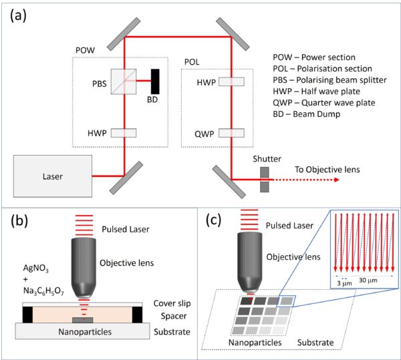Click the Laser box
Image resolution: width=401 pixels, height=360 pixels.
point(53,176)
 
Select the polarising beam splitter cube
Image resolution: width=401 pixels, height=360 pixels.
point(124,81)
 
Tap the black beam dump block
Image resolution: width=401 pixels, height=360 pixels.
point(155,81)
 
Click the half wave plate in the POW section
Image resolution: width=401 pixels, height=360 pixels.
point(124,133)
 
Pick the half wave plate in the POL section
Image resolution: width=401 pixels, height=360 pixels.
point(231,81)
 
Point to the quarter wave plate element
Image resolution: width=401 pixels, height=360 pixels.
point(231,133)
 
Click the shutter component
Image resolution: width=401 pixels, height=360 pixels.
point(265,180)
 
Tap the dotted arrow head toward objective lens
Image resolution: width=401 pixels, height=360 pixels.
point(337,180)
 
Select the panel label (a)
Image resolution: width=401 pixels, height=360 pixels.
point(18,16)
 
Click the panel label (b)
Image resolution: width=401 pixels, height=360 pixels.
point(19,221)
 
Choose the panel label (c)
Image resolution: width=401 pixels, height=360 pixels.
point(214,220)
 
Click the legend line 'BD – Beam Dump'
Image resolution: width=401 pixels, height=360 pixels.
point(307,114)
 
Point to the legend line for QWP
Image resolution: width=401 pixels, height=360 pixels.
point(324,103)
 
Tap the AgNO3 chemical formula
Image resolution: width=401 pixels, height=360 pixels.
point(36,268)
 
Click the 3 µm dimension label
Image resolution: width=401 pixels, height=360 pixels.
point(344,283)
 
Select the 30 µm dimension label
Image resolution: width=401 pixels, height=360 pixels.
point(368,281)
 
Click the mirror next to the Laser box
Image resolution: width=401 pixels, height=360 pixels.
point(126,178)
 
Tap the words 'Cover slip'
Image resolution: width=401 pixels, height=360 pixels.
point(172,303)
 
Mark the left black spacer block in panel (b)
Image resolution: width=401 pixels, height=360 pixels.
point(27,315)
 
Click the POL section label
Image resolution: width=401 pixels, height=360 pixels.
point(192,62)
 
